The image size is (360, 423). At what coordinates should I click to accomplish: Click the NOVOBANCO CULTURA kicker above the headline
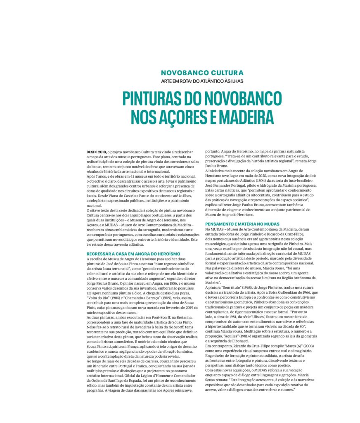pyautogui.click(x=202, y=72)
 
